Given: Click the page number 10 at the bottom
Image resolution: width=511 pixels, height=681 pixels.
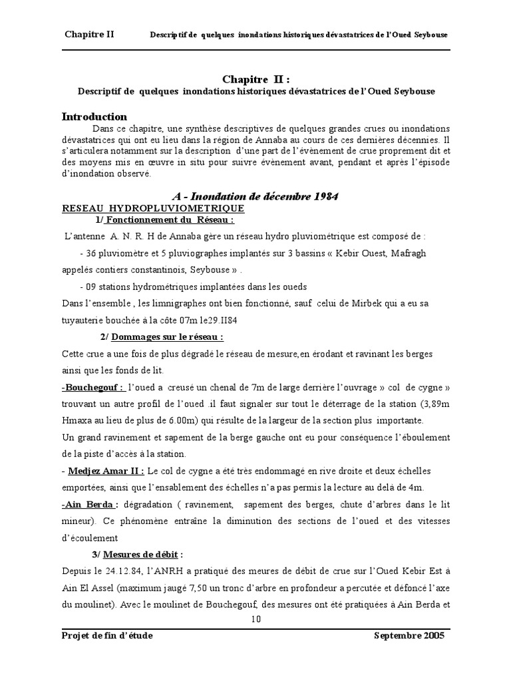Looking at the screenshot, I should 255,618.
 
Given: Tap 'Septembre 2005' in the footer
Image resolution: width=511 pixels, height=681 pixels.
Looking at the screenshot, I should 409,636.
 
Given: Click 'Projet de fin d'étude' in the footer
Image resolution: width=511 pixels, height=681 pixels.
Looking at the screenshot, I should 107,636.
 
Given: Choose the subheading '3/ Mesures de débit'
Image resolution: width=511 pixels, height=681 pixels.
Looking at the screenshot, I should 136,555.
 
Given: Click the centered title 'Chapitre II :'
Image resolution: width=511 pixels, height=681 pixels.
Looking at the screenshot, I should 255,80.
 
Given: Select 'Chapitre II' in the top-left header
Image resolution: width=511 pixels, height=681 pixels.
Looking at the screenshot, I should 89,35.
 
